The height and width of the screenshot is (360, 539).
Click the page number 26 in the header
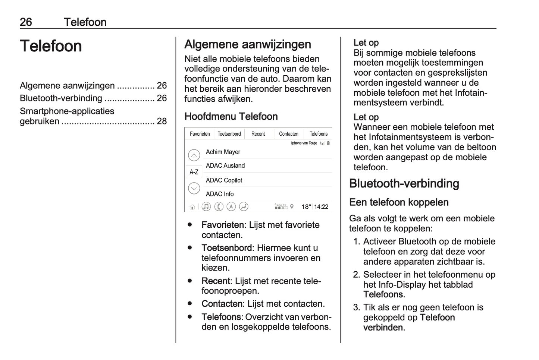pos(26,22)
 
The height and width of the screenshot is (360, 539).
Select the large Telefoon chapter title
pos(51,46)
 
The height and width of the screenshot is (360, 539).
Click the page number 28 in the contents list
pos(162,121)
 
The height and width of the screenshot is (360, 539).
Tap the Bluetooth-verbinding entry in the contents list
pos(61,98)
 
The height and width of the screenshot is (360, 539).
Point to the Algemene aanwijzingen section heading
pos(248,44)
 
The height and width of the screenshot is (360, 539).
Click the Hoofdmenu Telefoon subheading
pos(231,116)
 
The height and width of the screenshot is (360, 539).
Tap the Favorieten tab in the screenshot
pos(200,134)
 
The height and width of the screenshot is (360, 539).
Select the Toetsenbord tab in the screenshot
pos(229,134)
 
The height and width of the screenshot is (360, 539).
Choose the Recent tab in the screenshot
pos(258,134)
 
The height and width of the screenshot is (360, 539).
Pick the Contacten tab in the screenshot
pos(289,134)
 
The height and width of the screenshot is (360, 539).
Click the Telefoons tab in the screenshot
pos(319,134)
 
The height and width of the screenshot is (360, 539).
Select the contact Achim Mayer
pos(223,152)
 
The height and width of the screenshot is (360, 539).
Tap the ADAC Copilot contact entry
pos(224,180)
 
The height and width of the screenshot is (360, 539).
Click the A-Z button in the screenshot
pos(194,172)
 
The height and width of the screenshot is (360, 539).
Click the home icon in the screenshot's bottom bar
pos(192,207)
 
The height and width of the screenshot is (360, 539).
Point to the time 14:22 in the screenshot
pos(321,207)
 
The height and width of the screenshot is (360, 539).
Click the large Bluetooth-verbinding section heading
pos(404,183)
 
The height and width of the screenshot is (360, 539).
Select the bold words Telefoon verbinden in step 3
pos(409,323)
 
